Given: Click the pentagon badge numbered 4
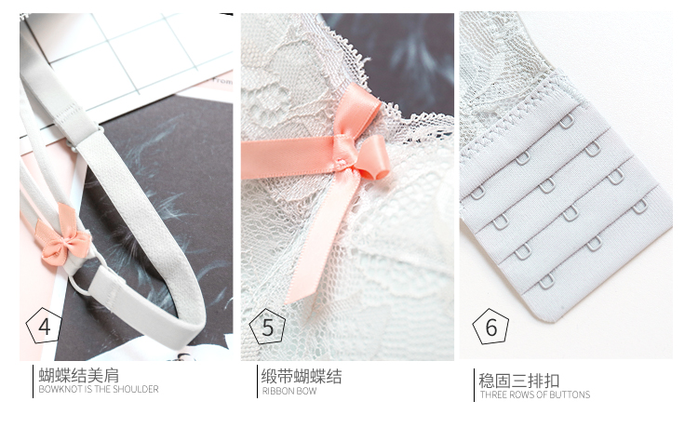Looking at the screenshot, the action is point(44,326).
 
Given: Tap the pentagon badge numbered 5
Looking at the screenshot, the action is point(267,327).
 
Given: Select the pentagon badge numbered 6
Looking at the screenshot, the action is point(490,327).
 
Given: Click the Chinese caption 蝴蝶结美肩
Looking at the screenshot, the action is point(79,375).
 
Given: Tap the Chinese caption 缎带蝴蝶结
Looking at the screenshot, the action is point(302,377).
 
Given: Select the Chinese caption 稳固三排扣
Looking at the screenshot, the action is point(519,381).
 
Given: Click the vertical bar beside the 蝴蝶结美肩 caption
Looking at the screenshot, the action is point(33,381).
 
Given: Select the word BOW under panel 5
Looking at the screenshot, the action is point(307,391).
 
